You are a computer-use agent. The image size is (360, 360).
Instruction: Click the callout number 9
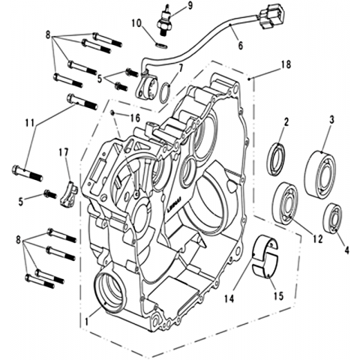pyautogui.click(x=190, y=6)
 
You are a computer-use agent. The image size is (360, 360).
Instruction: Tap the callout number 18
pyautogui.click(x=286, y=64)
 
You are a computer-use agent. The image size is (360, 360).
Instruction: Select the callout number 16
pyautogui.click(x=135, y=118)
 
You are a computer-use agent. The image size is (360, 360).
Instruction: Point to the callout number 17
pyautogui.click(x=64, y=152)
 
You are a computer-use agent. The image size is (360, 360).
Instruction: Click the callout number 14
pyautogui.click(x=229, y=298)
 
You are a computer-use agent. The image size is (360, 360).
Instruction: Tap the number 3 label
pyautogui.click(x=331, y=120)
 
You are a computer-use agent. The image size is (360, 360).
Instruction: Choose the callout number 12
pyautogui.click(x=317, y=239)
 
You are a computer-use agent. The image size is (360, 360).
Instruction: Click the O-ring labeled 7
pyautogui.click(x=165, y=93)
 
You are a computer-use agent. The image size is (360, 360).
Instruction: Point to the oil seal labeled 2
pyautogui.click(x=277, y=159)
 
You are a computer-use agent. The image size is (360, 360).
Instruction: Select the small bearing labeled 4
pyautogui.click(x=332, y=217)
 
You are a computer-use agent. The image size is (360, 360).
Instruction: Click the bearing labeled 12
pyautogui.click(x=286, y=202)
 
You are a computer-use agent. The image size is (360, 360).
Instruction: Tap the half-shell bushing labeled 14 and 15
pyautogui.click(x=265, y=256)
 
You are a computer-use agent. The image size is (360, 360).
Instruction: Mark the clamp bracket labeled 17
pyautogui.click(x=68, y=193)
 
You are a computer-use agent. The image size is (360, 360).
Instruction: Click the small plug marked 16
pyautogui.click(x=112, y=113)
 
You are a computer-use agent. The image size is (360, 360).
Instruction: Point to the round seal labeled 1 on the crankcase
pyautogui.click(x=109, y=292)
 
